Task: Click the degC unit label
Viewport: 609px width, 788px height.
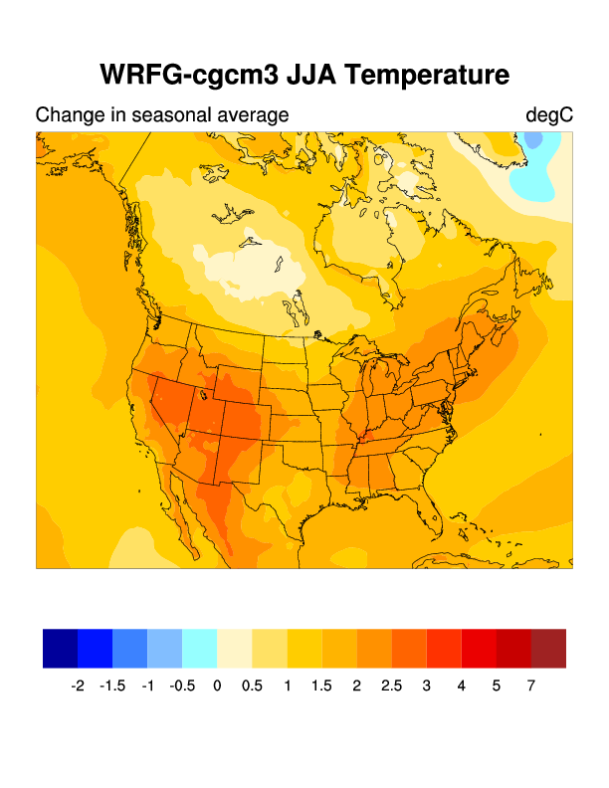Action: (x=549, y=115)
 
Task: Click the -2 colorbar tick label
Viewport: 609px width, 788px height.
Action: (x=78, y=686)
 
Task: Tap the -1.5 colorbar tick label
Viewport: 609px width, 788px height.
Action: (x=112, y=686)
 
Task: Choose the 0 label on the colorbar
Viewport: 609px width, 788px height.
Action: (x=217, y=686)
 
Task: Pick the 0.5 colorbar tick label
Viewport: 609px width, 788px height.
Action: (x=252, y=686)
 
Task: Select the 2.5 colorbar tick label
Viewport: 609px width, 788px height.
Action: (x=391, y=686)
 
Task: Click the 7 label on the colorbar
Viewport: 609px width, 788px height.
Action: (x=531, y=686)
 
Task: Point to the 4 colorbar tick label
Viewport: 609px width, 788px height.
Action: (x=461, y=686)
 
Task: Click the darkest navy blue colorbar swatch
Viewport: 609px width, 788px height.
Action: (x=61, y=648)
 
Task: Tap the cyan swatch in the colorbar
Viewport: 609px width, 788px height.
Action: (x=200, y=648)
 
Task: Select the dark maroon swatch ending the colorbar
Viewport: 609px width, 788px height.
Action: (x=548, y=648)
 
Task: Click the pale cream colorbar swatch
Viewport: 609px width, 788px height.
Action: (x=235, y=648)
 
